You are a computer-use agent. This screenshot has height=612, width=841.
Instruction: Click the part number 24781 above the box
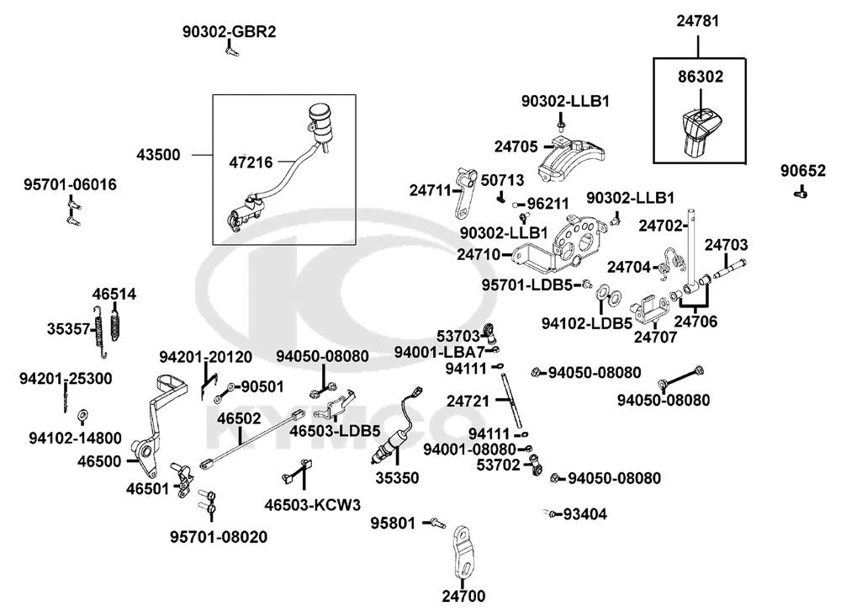[x=697, y=21]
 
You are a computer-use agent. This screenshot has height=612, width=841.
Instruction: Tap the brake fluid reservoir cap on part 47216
[x=320, y=111]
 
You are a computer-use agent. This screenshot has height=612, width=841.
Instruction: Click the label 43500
[x=158, y=155]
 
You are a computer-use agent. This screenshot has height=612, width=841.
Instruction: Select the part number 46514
[x=114, y=294]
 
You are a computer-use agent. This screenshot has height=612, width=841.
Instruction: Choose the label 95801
[x=393, y=523]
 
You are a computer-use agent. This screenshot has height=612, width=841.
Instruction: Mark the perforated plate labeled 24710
[x=559, y=244]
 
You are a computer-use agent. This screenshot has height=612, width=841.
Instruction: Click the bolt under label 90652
[x=801, y=192]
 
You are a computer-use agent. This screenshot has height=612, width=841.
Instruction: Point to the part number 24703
[x=726, y=245]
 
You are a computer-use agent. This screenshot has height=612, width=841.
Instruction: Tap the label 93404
[x=585, y=514]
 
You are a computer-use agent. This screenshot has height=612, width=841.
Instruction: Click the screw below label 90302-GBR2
[x=231, y=50]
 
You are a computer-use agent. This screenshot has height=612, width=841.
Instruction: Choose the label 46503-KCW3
[x=313, y=505]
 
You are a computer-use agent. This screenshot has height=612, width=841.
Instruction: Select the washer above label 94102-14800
[x=82, y=415]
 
